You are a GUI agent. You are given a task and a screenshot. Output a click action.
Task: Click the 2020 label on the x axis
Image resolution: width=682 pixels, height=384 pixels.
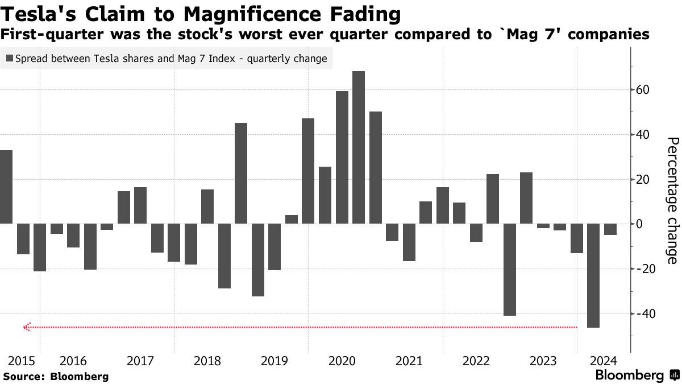[x=342, y=361]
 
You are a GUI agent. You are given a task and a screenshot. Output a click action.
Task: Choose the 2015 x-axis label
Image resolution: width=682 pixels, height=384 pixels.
[x=22, y=361]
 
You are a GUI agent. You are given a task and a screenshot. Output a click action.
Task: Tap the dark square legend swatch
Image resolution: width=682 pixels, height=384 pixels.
[x=10, y=58]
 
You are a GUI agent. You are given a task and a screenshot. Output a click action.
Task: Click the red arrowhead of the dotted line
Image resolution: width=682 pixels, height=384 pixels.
[x=26, y=327]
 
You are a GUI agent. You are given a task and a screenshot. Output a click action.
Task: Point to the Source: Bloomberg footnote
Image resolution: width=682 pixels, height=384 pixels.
[x=56, y=376]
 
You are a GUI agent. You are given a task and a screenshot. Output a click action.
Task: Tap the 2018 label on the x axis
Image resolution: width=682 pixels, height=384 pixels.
[x=207, y=361]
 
